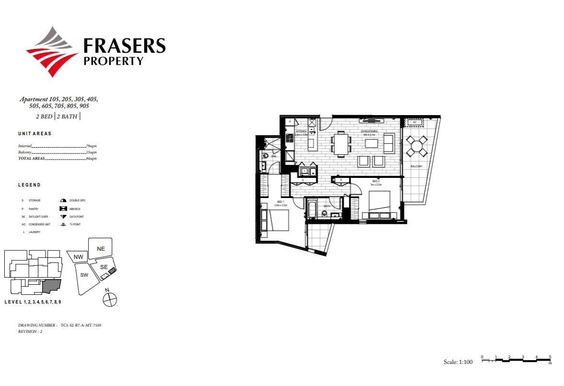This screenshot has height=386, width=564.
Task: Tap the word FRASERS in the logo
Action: (124, 46)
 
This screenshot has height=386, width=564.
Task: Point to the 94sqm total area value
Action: (91, 158)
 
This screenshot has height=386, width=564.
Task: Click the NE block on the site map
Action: (101, 248)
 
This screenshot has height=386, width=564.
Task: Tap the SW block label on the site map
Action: (84, 275)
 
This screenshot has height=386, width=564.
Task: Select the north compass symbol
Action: (110, 300)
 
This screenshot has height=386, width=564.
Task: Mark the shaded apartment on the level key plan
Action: (52, 286)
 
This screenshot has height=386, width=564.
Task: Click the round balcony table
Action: (416, 146)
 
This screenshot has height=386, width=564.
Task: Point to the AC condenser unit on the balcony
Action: (414, 122)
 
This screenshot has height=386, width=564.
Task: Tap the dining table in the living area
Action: (341, 144)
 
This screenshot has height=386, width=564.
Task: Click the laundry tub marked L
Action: (304, 170)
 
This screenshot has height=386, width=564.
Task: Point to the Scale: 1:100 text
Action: (458, 362)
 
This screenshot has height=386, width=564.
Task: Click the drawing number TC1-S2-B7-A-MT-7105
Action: (81, 325)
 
